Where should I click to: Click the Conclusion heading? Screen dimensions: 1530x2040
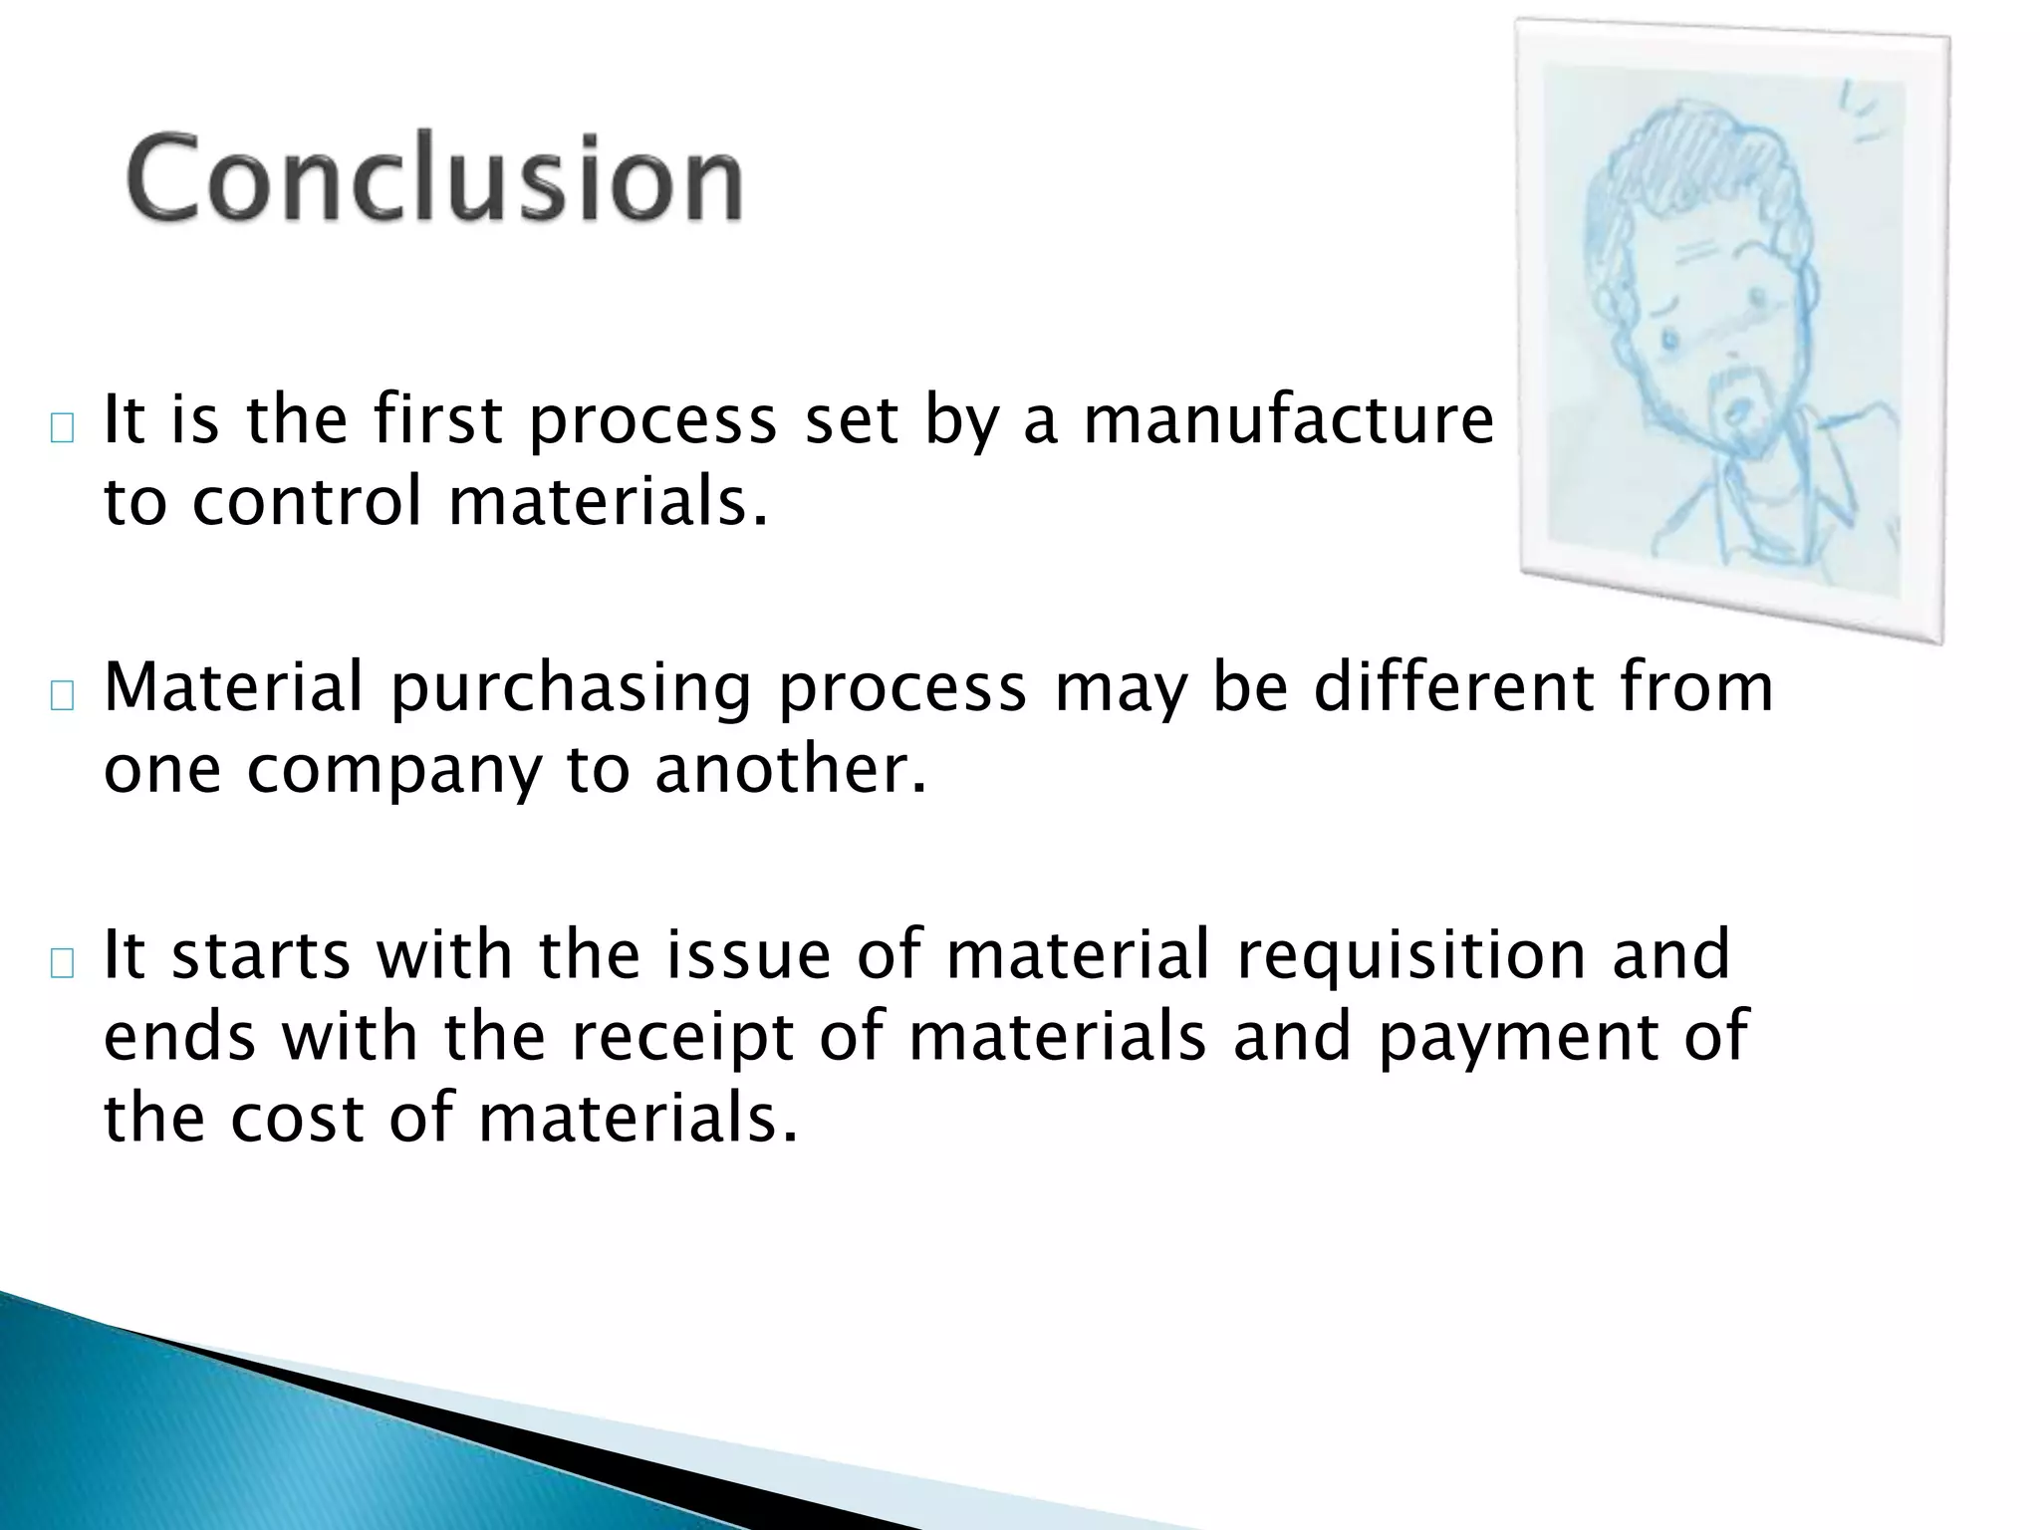click(x=434, y=179)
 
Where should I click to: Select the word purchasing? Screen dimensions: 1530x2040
click(x=570, y=689)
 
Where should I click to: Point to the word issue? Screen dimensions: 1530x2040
click(x=747, y=954)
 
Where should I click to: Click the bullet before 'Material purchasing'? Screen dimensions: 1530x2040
click(x=62, y=696)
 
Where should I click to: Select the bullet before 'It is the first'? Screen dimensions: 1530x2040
click(x=62, y=428)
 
